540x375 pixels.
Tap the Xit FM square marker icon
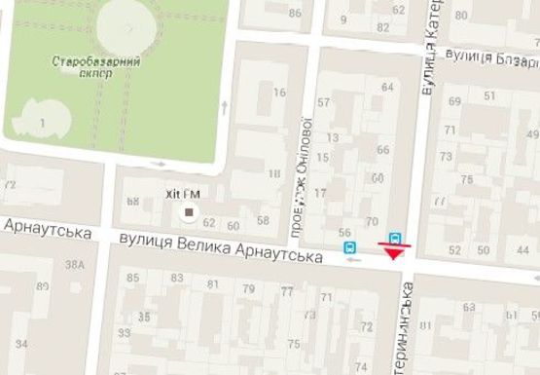coord(190,211)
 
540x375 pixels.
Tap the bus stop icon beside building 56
coord(348,248)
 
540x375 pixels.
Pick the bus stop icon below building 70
coord(395,237)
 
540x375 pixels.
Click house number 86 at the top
coord(295,14)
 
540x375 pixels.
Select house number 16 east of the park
coord(279,93)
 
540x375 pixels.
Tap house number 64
coord(387,88)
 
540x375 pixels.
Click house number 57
coord(324,102)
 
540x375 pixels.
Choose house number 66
coord(382,150)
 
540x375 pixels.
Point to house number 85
coord(134,280)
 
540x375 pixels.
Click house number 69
coord(454,101)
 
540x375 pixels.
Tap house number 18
coord(274,173)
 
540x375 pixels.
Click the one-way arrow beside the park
coord(224,105)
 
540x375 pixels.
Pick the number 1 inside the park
coord(42,121)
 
